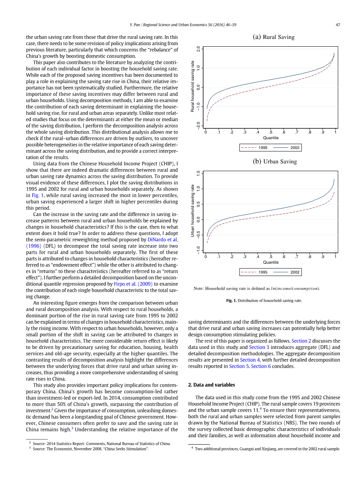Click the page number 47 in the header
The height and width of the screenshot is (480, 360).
coord(338,25)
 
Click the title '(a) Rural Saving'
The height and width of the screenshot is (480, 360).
coord(274,37)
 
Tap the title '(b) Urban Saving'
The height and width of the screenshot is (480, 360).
coord(274,161)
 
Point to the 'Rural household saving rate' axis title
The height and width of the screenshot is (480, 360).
coord(192,86)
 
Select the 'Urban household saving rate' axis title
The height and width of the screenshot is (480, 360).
coord(192,210)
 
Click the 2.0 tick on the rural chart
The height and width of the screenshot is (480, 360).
coord(198,49)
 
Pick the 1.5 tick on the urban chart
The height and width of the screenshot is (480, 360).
coord(198,173)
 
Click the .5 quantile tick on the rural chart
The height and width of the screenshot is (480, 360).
coord(270,132)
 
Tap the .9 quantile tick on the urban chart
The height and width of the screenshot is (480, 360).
coord(323,257)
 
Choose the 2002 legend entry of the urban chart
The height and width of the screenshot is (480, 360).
coord(295,272)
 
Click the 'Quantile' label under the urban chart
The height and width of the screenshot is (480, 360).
coord(270,262)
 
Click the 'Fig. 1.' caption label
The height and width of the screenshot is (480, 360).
coord(232,301)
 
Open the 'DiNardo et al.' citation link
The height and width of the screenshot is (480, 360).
coord(162,240)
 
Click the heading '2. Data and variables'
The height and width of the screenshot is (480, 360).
coord(211,385)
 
